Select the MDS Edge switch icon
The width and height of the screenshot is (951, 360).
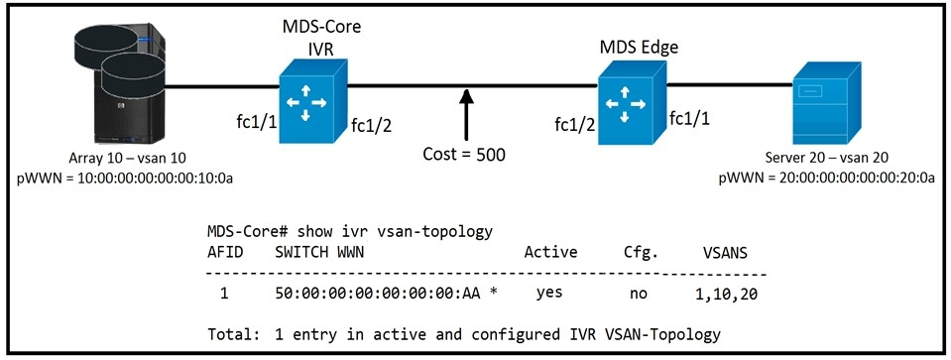click(x=632, y=102)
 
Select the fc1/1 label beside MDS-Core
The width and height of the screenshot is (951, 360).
click(x=257, y=122)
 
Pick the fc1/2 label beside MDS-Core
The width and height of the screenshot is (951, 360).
click(x=372, y=125)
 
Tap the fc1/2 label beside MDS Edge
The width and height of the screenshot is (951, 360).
click(x=574, y=125)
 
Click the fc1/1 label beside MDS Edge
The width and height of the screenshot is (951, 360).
click(x=689, y=118)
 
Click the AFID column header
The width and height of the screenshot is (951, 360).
click(x=225, y=253)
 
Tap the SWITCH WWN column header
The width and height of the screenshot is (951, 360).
click(x=319, y=253)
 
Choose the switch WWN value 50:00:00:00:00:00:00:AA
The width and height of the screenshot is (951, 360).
click(x=378, y=294)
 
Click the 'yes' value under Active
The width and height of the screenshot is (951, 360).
click(x=549, y=294)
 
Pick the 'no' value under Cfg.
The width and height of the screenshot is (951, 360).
click(x=639, y=294)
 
